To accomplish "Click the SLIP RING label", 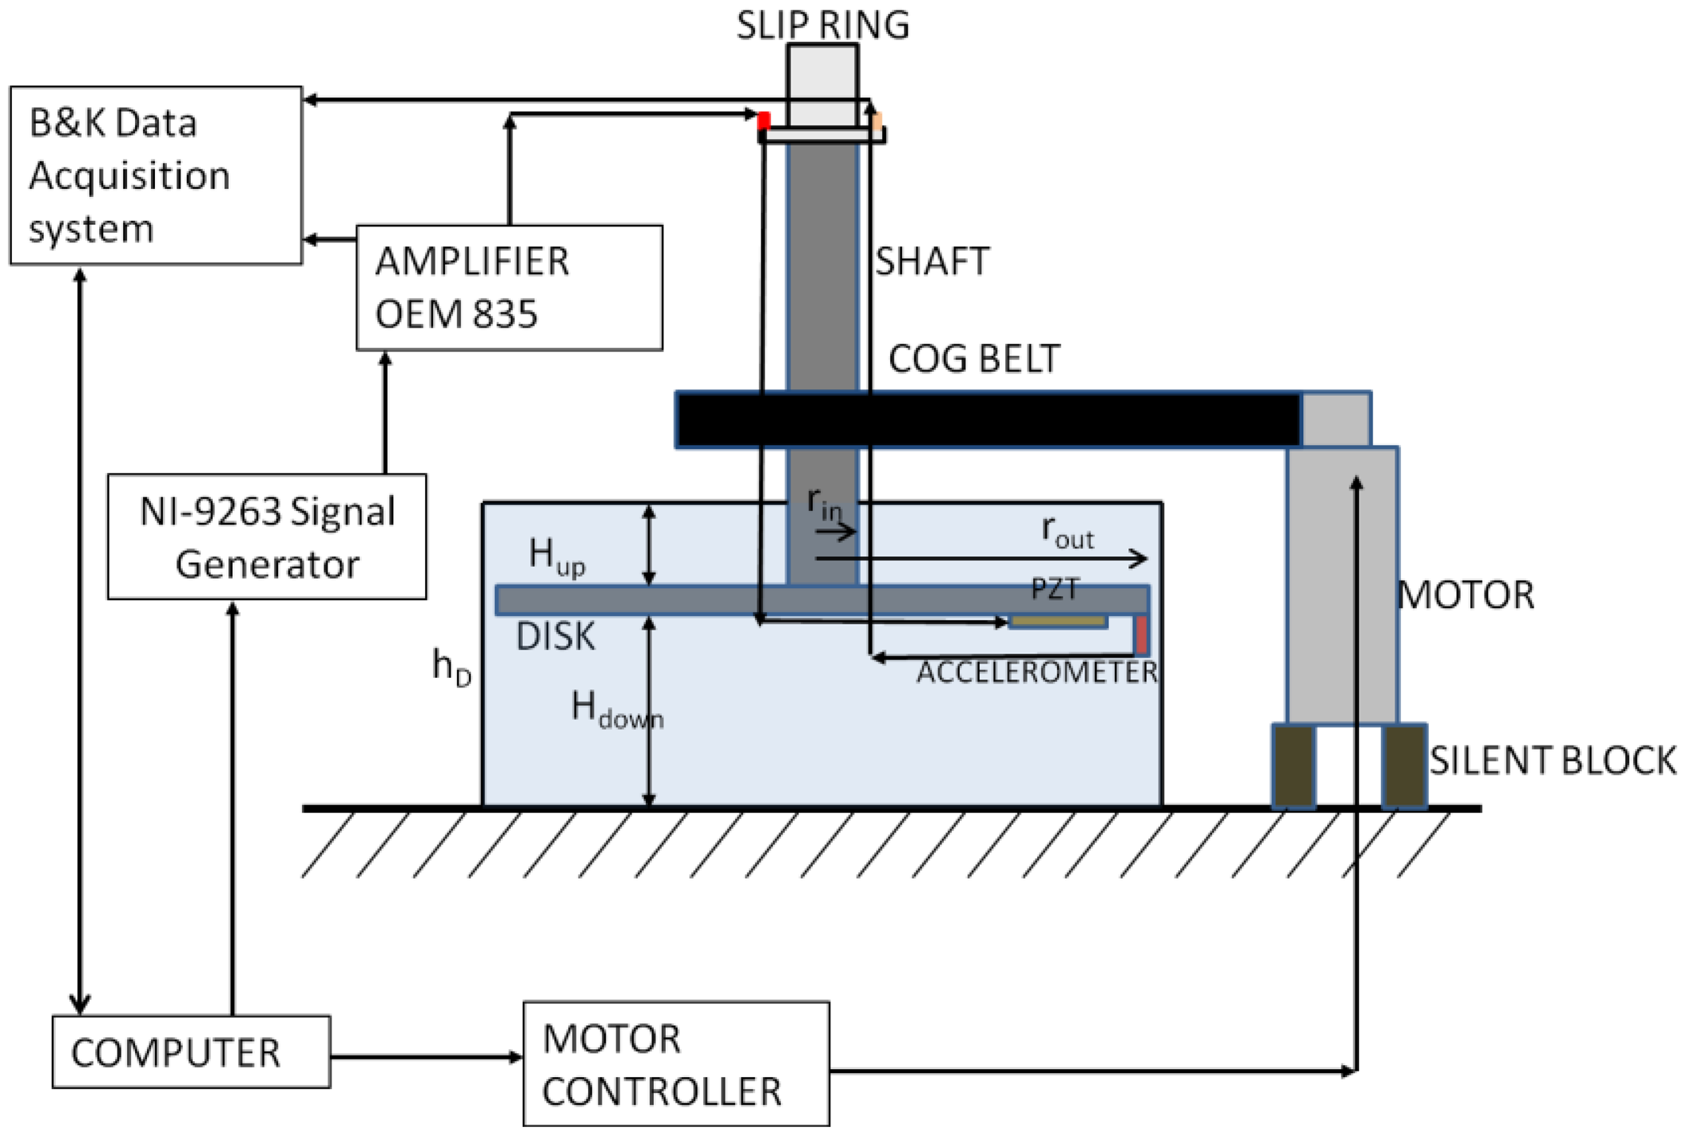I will pos(822,25).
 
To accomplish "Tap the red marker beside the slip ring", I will pos(764,121).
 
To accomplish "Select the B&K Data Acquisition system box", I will pos(156,175).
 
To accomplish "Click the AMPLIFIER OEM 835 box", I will pos(509,287).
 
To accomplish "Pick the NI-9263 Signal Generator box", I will pos(267,537).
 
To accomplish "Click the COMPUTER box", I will pos(191,1051).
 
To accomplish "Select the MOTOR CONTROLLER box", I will pos(676,1063).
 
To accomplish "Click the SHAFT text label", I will pos(932,261).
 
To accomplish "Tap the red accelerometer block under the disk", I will pos(1141,634).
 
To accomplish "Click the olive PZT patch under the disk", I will pos(1058,621).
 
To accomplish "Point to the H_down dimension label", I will pos(616,710).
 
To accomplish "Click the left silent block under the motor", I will pos(1293,766).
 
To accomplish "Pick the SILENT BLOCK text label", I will pos(1552,761).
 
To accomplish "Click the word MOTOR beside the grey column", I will pos(1465,595).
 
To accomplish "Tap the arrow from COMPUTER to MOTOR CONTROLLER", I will pos(426,1056).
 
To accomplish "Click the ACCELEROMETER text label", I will pos(1037,672).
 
